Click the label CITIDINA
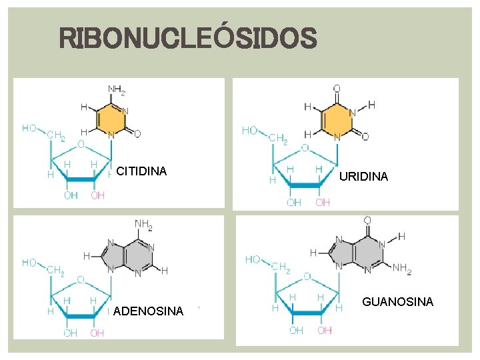click(141, 171)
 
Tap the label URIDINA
click(363, 177)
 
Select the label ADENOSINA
click(149, 311)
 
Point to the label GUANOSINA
click(397, 302)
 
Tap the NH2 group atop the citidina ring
click(116, 89)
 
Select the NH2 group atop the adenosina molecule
click(143, 225)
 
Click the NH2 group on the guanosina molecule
click(402, 270)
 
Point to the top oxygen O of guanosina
click(367, 220)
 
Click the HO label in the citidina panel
click(29, 127)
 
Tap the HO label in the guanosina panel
click(253, 259)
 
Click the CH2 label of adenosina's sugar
click(56, 271)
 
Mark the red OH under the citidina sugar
click(97, 195)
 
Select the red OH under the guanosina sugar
click(324, 330)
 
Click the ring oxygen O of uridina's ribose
click(305, 148)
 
